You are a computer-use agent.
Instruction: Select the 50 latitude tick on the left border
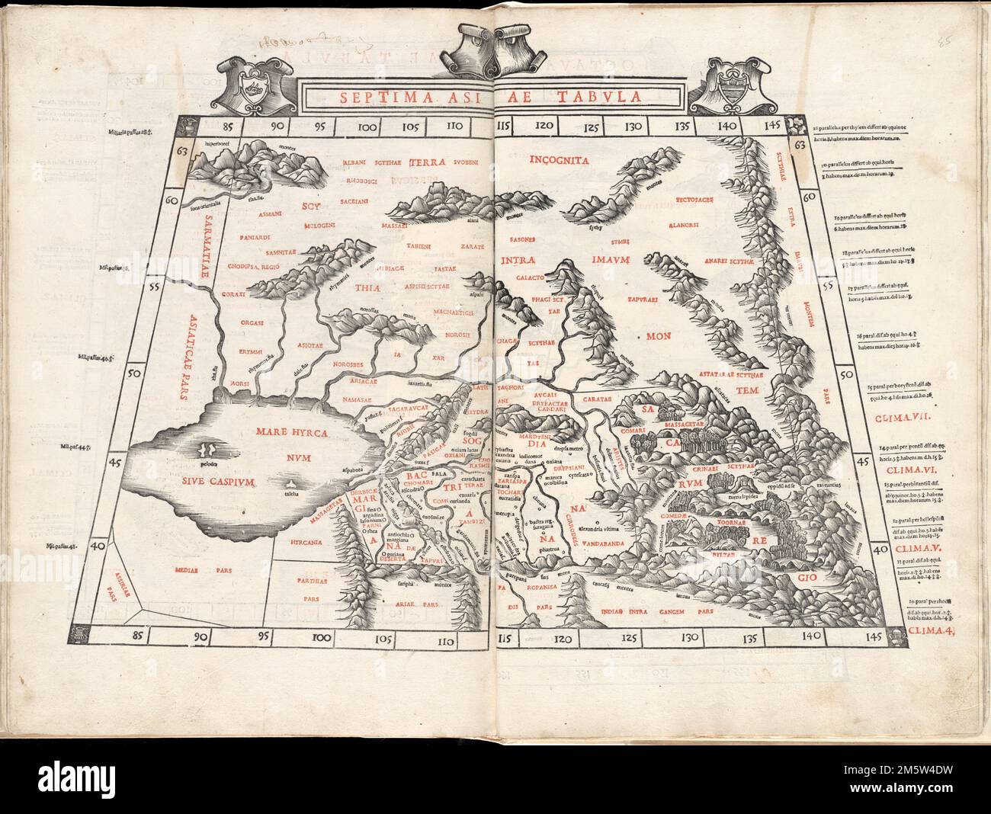click(136, 376)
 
